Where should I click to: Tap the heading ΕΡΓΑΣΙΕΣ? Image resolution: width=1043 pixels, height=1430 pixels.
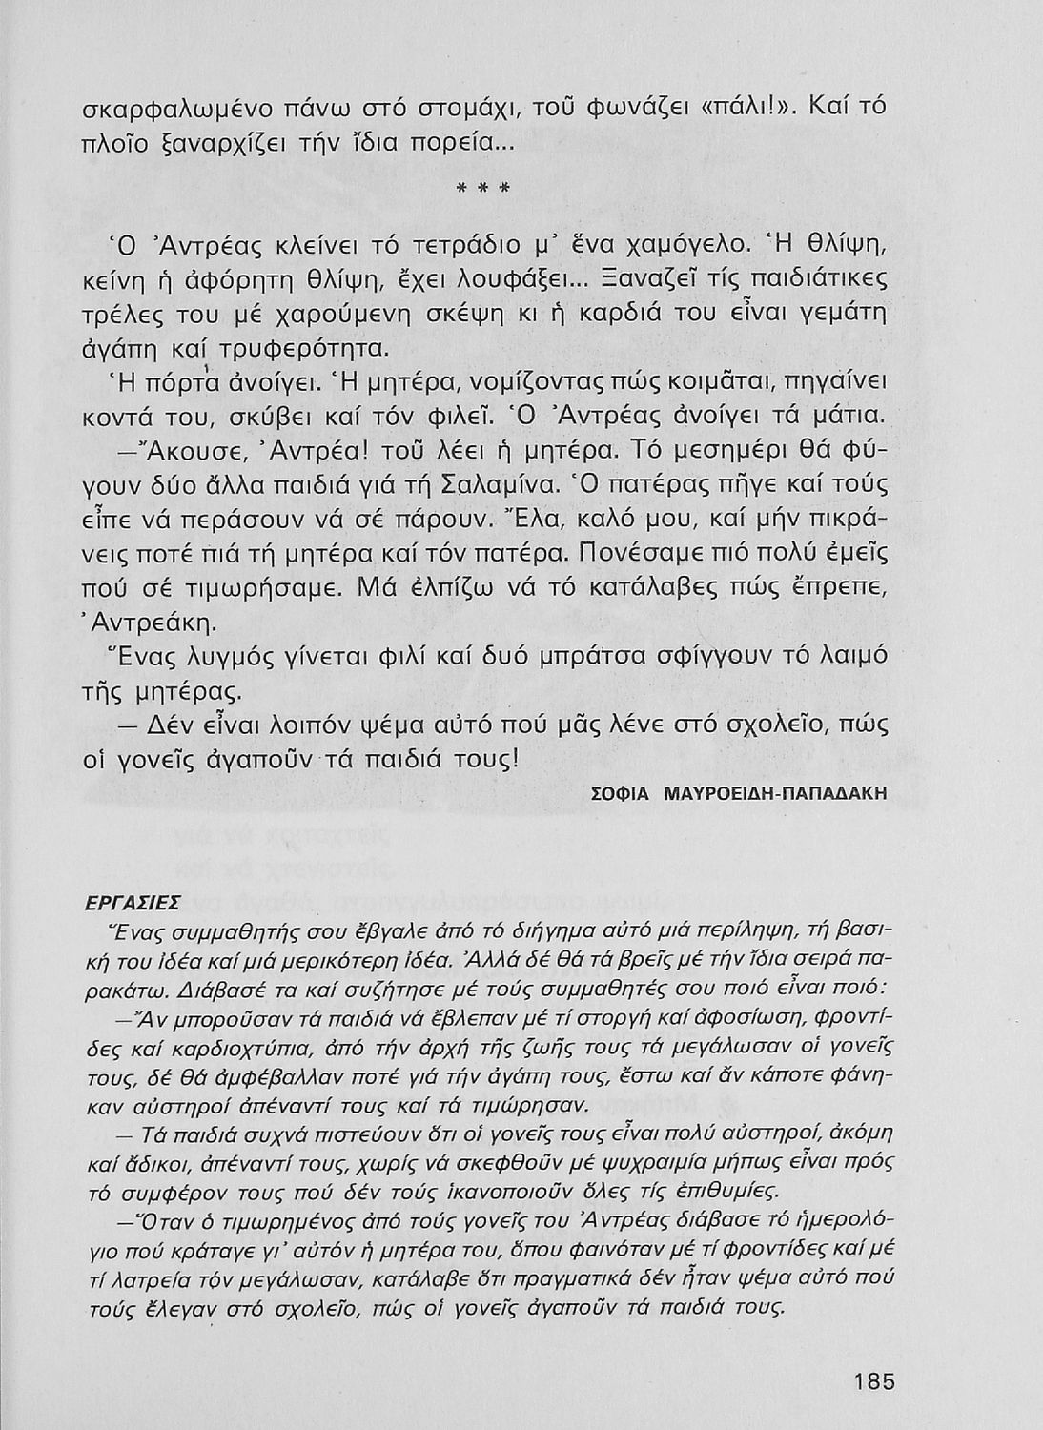117,902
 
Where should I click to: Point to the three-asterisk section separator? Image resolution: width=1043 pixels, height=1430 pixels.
485,188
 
